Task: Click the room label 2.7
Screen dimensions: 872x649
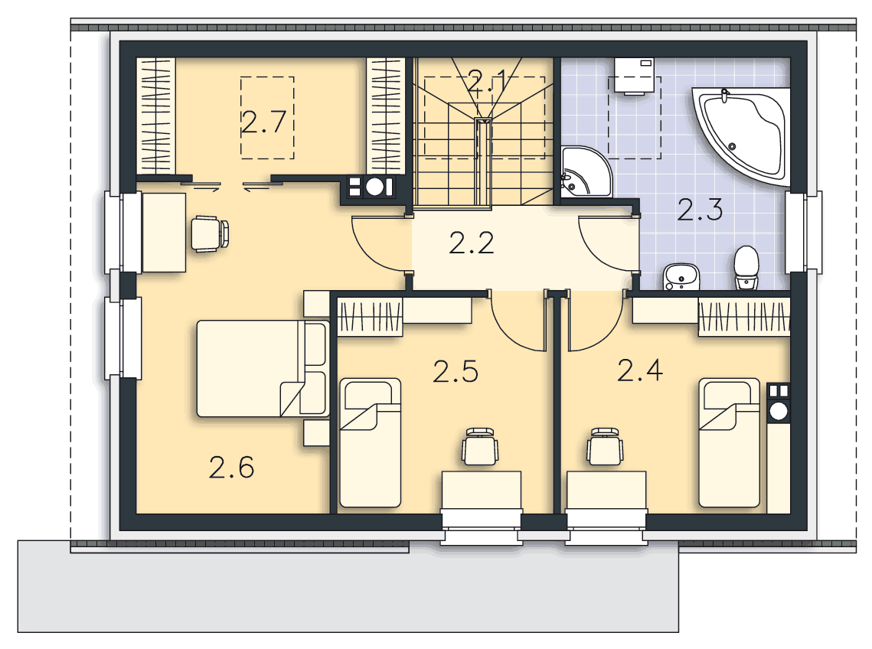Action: (264, 122)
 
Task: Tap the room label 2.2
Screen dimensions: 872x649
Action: (471, 243)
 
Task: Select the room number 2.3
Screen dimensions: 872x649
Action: (700, 210)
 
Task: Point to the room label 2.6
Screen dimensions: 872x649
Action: (231, 468)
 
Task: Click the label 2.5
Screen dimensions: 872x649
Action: (456, 371)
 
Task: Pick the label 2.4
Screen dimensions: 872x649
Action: (639, 370)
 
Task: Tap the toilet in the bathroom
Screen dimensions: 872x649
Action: (746, 268)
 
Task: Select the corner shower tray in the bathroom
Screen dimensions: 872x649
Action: (586, 172)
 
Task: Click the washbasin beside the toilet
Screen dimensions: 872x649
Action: (681, 277)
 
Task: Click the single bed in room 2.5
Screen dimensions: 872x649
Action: (370, 442)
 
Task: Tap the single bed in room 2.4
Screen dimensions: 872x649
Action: (729, 442)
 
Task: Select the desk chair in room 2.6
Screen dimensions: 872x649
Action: (210, 233)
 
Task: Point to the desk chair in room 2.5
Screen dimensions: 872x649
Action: (480, 446)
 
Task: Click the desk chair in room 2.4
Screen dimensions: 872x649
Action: (605, 446)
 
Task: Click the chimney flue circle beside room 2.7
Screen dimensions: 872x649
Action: (375, 187)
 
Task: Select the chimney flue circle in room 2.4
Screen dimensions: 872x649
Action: (779, 412)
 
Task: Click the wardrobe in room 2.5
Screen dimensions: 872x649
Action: (370, 317)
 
